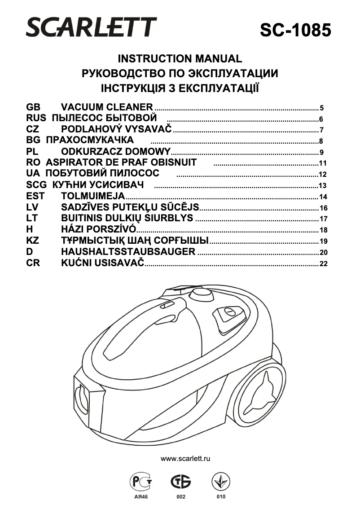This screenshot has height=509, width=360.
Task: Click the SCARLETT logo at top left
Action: click(92, 27)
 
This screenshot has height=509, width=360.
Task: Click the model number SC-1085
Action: click(296, 30)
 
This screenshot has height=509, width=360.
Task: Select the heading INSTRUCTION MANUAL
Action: click(180, 59)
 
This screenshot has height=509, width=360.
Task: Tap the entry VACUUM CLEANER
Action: click(107, 107)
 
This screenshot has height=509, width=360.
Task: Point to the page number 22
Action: click(323, 264)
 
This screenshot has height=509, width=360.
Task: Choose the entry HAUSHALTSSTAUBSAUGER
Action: click(128, 252)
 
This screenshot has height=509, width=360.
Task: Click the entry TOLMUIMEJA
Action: click(92, 196)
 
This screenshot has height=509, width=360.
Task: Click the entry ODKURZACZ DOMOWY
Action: click(116, 151)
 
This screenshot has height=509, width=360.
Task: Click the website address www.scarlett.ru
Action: click(185, 458)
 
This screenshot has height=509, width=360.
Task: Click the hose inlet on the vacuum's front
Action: click(82, 397)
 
